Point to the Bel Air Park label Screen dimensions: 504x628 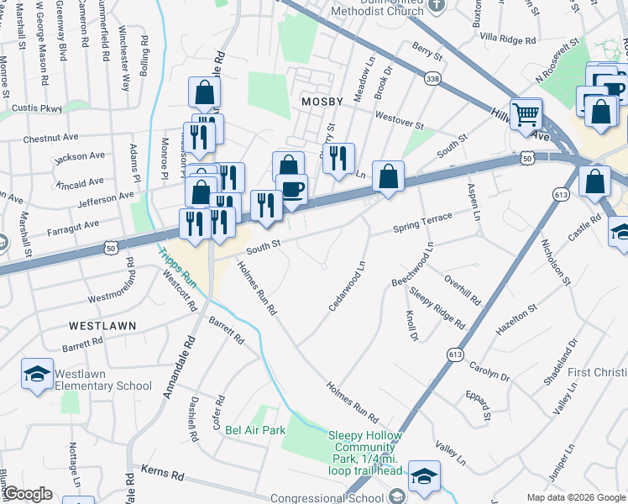coord(255,430)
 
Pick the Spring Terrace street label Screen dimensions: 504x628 coord(423,223)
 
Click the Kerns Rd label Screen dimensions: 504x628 coord(162,475)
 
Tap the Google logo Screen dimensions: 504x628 coord(27,494)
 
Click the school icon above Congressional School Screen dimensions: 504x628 coord(425,476)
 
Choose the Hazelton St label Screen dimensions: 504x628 coord(515,322)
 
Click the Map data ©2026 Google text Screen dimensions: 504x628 coord(576,497)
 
